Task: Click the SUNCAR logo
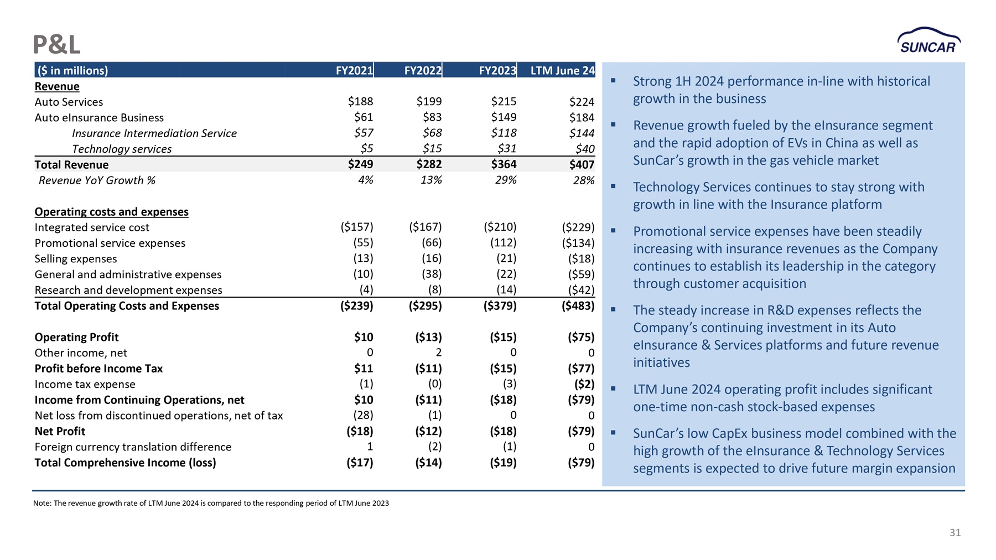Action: tap(929, 40)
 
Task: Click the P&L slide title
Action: tap(56, 44)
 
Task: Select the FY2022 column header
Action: tap(423, 70)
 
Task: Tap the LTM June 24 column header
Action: tap(563, 70)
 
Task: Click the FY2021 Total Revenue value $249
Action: tap(360, 164)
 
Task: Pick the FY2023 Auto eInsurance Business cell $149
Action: tap(504, 117)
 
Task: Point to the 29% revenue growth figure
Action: tap(506, 180)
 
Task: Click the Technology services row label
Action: tap(122, 149)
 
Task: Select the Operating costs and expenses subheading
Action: tap(111, 212)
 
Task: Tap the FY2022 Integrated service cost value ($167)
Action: tap(425, 227)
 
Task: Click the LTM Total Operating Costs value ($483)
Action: tap(578, 306)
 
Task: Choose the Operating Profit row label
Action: tap(76, 338)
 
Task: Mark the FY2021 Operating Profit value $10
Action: tap(364, 338)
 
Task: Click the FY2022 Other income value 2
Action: tap(438, 353)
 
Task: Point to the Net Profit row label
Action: tap(60, 432)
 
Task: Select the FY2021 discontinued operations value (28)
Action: tap(363, 416)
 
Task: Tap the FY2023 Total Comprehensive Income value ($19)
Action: tap(503, 463)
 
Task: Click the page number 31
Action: tap(955, 533)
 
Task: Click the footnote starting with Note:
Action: tap(211, 504)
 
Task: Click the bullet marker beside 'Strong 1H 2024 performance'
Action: tap(613, 81)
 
